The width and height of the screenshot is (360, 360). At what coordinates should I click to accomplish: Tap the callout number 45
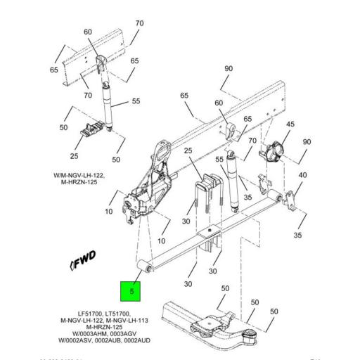point(289,124)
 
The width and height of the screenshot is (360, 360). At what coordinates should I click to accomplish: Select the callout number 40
point(303,175)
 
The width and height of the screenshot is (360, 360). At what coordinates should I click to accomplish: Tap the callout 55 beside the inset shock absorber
point(136,102)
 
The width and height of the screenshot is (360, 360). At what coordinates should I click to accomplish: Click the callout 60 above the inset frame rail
point(88,32)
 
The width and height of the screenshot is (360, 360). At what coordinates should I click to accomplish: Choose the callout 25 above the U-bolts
point(188,151)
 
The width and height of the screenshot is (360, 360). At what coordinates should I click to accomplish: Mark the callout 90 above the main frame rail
point(228,68)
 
